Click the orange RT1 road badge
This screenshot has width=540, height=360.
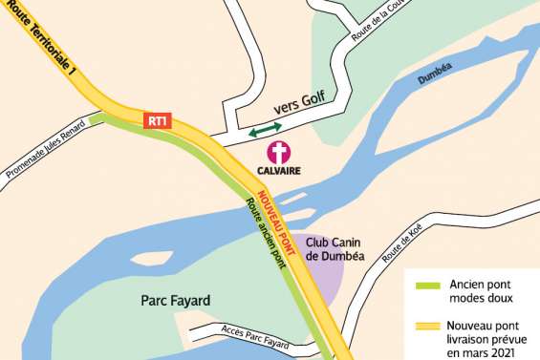pos(158,121)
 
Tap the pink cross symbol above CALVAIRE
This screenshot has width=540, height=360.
pos(278,152)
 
